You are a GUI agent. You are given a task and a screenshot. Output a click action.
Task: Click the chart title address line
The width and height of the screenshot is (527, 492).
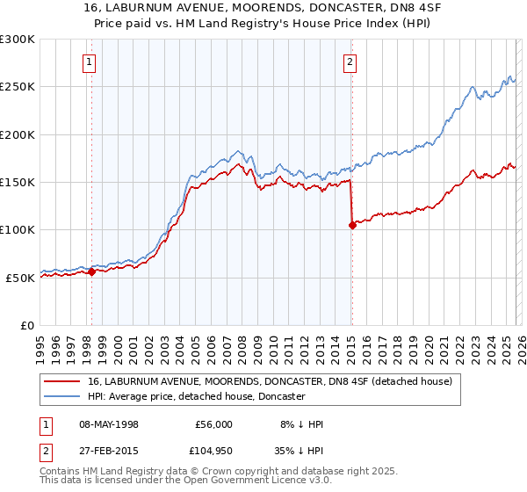tap(263, 8)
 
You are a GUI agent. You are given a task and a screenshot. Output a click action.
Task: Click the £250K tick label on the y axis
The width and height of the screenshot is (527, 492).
tap(18, 87)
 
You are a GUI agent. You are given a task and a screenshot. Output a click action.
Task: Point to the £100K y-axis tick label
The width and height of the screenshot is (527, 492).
tap(18, 229)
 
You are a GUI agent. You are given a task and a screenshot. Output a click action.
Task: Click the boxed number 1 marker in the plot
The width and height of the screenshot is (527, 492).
tap(90, 61)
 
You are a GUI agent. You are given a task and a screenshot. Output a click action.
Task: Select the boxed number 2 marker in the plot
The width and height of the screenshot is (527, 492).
tap(350, 61)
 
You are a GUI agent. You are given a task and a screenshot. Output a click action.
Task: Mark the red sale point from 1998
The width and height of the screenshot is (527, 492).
tap(91, 271)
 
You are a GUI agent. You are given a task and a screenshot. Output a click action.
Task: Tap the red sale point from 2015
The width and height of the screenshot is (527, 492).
tap(352, 225)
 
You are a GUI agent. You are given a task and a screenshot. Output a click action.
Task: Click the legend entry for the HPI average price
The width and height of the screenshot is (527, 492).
tap(196, 397)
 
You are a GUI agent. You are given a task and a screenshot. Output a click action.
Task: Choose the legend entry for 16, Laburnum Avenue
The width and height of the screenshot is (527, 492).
tap(270, 381)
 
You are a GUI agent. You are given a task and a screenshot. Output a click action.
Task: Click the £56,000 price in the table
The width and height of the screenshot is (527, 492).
tap(213, 424)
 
